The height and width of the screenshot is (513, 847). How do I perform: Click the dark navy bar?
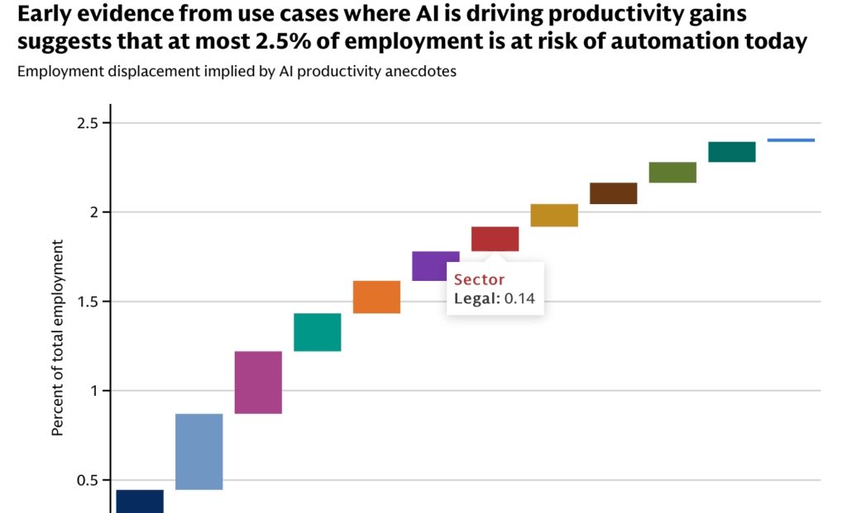click(x=140, y=501)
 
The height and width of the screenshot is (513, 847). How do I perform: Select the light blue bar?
click(x=199, y=452)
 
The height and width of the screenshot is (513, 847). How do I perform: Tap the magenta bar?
click(x=258, y=382)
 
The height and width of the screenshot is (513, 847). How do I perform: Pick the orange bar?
click(x=376, y=297)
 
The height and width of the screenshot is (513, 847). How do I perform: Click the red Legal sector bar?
click(x=495, y=239)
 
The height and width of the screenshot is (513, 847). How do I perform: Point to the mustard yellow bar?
click(x=554, y=216)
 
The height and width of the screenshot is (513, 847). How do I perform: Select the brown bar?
click(x=614, y=193)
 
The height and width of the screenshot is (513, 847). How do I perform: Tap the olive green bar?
click(x=672, y=172)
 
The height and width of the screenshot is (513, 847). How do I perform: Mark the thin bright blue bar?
click(x=791, y=140)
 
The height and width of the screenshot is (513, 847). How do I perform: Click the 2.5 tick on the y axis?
click(x=88, y=124)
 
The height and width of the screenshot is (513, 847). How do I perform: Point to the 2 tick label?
click(x=94, y=212)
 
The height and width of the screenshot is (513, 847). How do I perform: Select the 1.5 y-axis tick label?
click(x=88, y=302)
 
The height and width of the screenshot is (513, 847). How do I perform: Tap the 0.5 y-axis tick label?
click(x=88, y=480)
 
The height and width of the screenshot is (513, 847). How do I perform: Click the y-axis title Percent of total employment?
click(x=57, y=338)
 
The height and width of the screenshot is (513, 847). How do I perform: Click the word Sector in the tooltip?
click(x=479, y=279)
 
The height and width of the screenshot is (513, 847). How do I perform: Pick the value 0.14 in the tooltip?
click(x=519, y=298)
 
